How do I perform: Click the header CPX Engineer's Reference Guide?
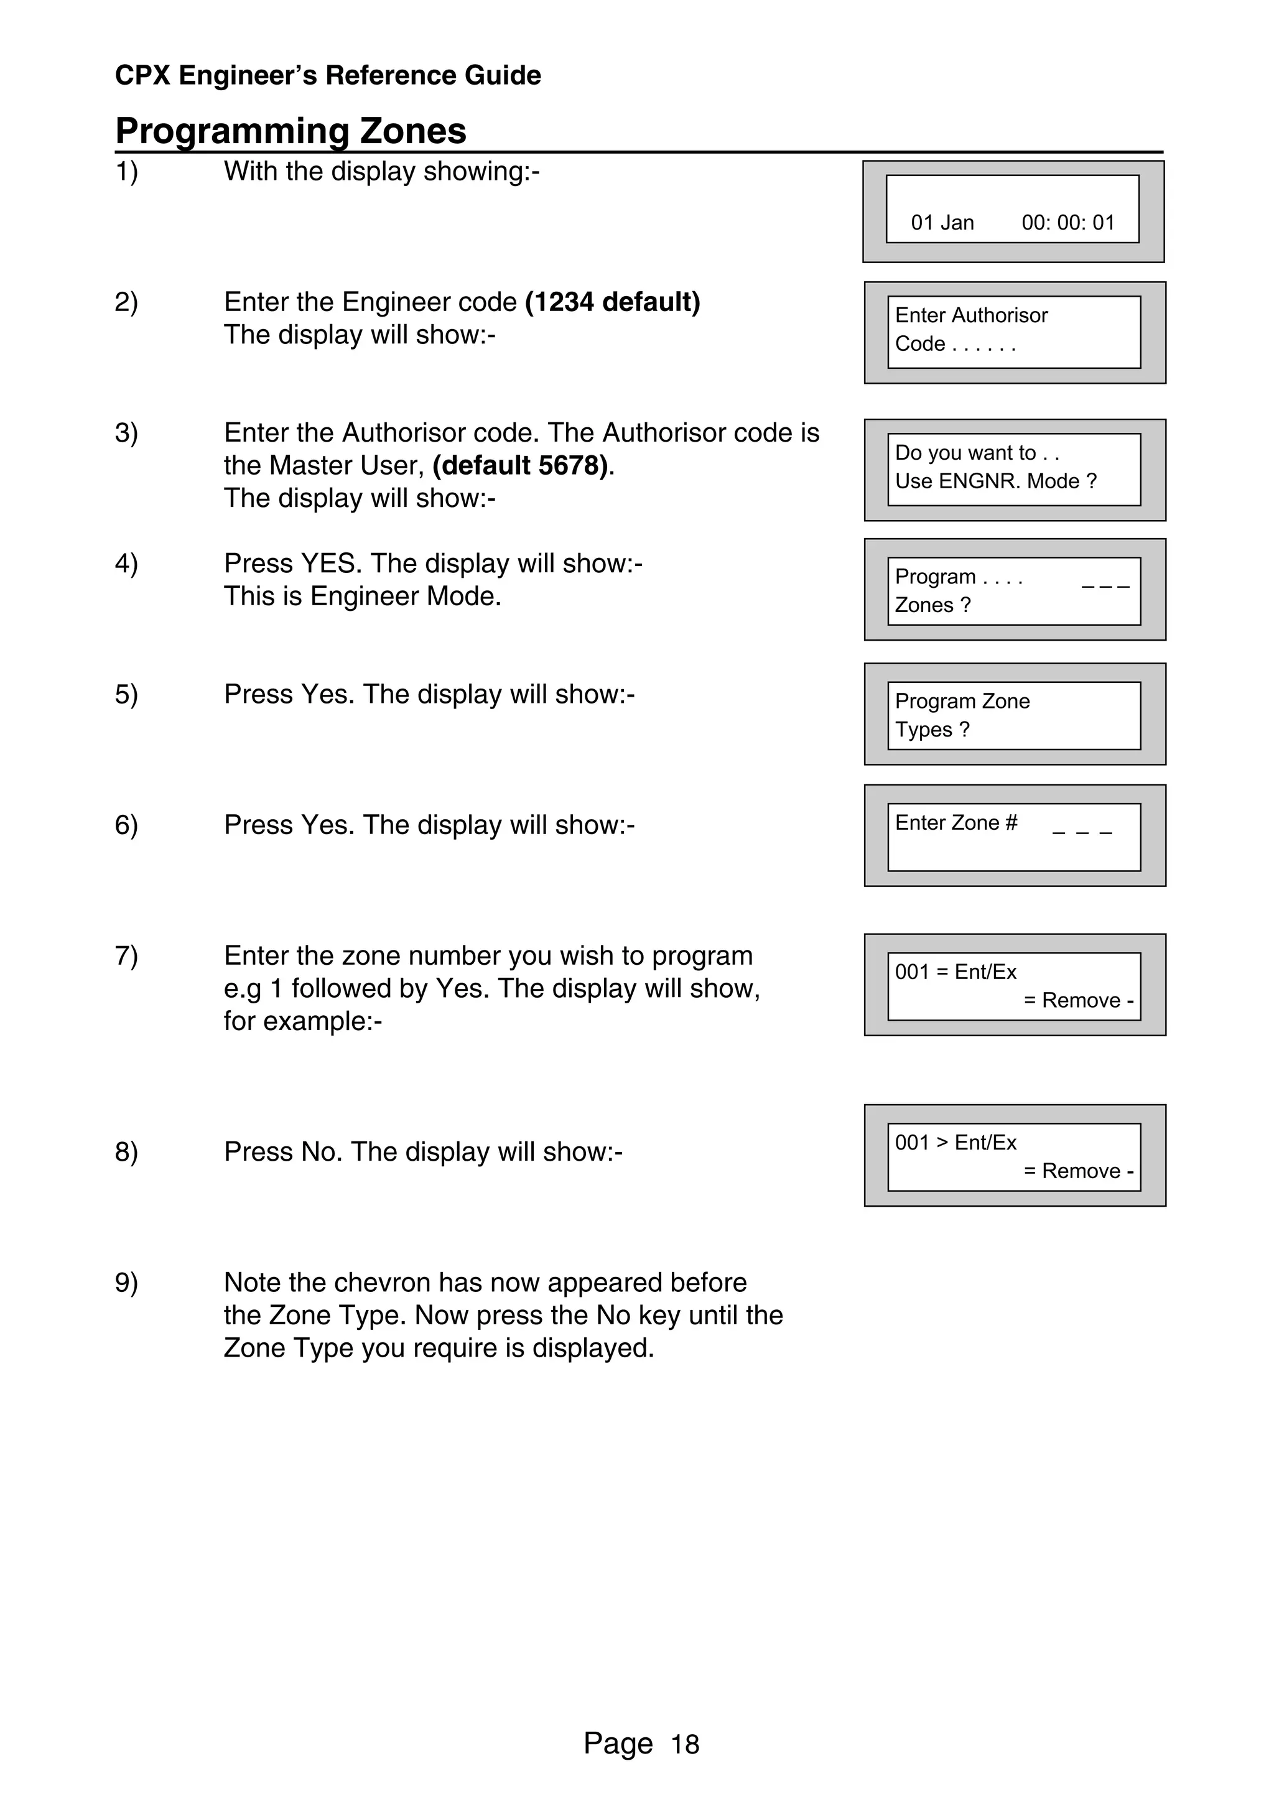click(x=327, y=75)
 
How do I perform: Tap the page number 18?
click(x=684, y=1745)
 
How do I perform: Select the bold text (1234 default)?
click(x=612, y=302)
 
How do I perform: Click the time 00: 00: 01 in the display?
click(x=1067, y=223)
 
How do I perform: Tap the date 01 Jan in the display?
click(x=942, y=223)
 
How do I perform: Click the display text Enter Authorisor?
click(x=971, y=315)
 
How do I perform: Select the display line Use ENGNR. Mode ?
click(x=995, y=481)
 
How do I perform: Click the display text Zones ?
click(x=932, y=605)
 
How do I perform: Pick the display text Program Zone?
click(x=962, y=701)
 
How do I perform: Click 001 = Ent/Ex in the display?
click(x=955, y=972)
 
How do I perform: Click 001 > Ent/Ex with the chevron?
click(x=955, y=1142)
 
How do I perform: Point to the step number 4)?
click(x=126, y=564)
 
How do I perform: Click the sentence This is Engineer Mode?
click(x=362, y=597)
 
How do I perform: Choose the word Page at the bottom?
click(x=618, y=1743)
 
